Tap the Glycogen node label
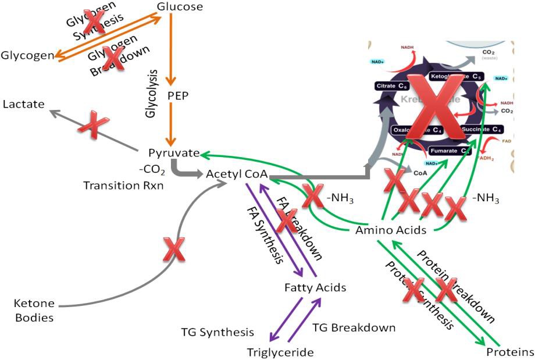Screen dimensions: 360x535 pos(27,55)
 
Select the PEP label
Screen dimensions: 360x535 pos(170,94)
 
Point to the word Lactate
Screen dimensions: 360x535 pos(23,104)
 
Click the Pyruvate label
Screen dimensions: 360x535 pos(170,154)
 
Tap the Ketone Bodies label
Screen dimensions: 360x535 pos(34,311)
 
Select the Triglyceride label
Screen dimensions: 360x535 pos(280,352)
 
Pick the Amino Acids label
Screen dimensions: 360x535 pos(390,231)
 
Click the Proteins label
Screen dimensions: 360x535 pos(510,352)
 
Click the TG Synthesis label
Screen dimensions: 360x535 pos(217,332)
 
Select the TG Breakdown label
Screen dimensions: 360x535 pos(354,327)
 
